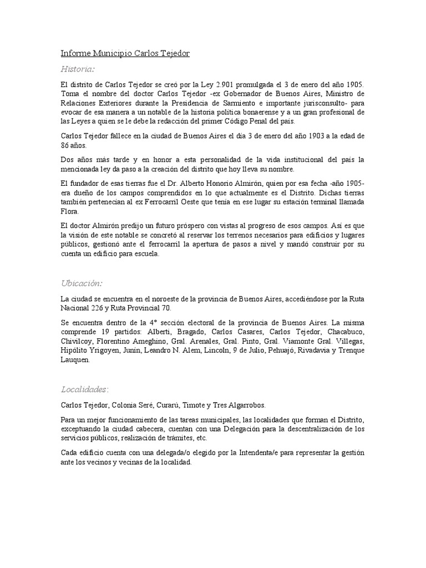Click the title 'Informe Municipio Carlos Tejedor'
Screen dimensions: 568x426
(x=125, y=53)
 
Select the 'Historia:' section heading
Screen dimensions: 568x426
(x=78, y=69)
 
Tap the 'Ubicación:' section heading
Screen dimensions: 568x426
(x=81, y=283)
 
